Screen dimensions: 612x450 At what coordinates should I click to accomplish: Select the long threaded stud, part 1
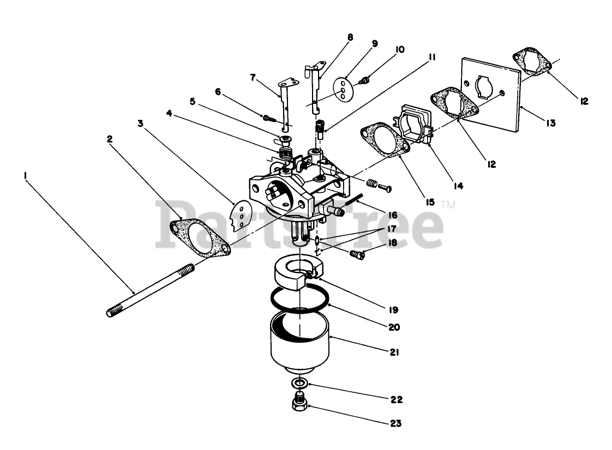coord(151,289)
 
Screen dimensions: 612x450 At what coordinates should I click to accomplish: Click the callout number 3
coord(141,124)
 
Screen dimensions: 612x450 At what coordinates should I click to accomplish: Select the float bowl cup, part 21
coord(300,343)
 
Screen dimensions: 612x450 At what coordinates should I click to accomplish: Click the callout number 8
coord(350,38)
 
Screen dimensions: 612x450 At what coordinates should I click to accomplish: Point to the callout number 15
coord(430,202)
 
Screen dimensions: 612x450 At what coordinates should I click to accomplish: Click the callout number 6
coord(218,92)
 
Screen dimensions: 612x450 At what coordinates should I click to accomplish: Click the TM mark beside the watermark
coord(448,205)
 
